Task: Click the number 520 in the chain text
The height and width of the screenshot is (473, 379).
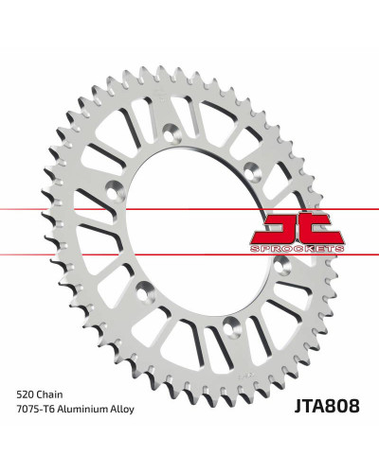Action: click(25, 394)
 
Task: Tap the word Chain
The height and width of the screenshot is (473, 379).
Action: click(49, 394)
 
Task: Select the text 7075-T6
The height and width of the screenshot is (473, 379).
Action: click(35, 410)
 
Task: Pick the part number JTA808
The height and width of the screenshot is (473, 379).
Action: click(327, 406)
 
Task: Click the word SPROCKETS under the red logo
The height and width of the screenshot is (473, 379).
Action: click(298, 249)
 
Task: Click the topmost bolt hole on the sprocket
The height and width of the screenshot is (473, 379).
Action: click(171, 132)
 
